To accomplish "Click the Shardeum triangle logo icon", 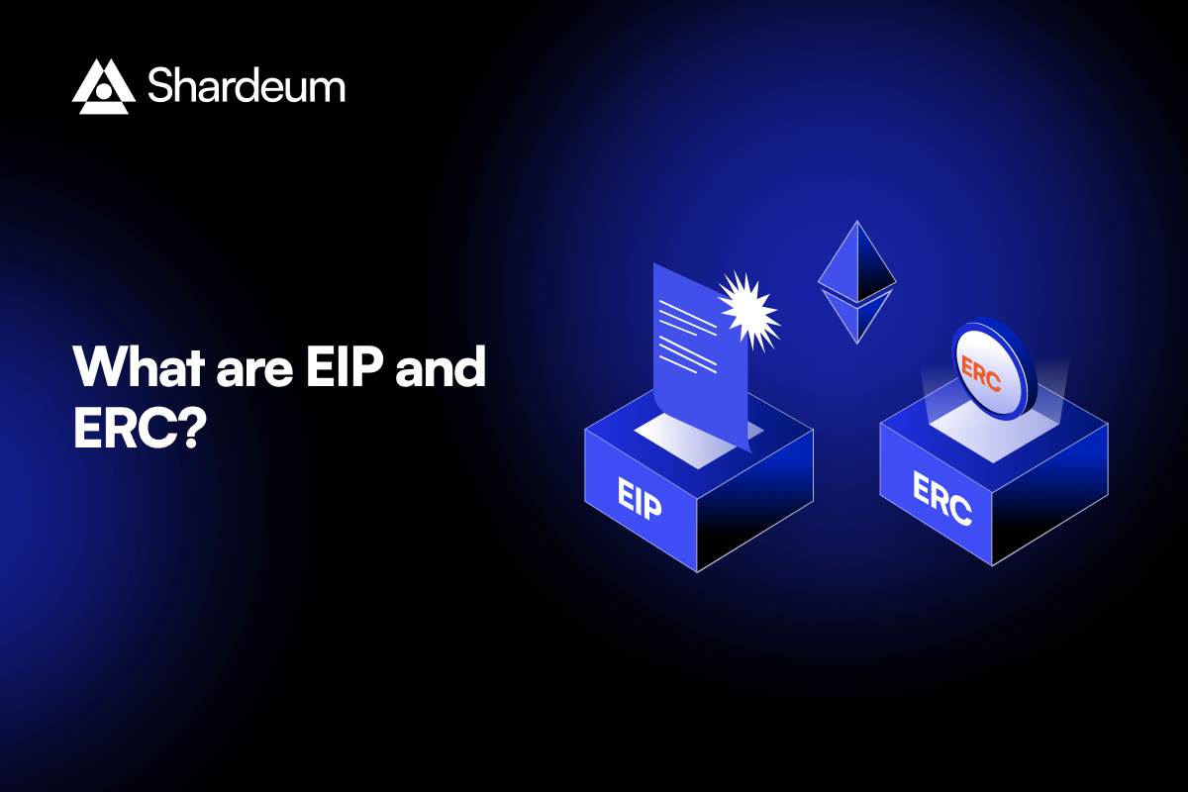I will [x=103, y=86].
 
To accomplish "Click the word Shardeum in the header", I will [x=247, y=86].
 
